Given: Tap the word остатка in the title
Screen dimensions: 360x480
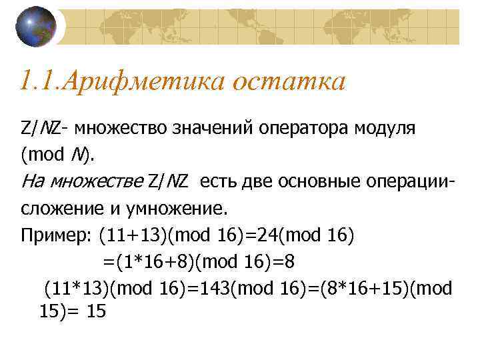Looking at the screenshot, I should (289, 83).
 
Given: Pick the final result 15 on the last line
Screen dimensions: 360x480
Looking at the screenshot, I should (96, 311).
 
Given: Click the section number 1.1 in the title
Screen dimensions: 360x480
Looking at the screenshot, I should (39, 83).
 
